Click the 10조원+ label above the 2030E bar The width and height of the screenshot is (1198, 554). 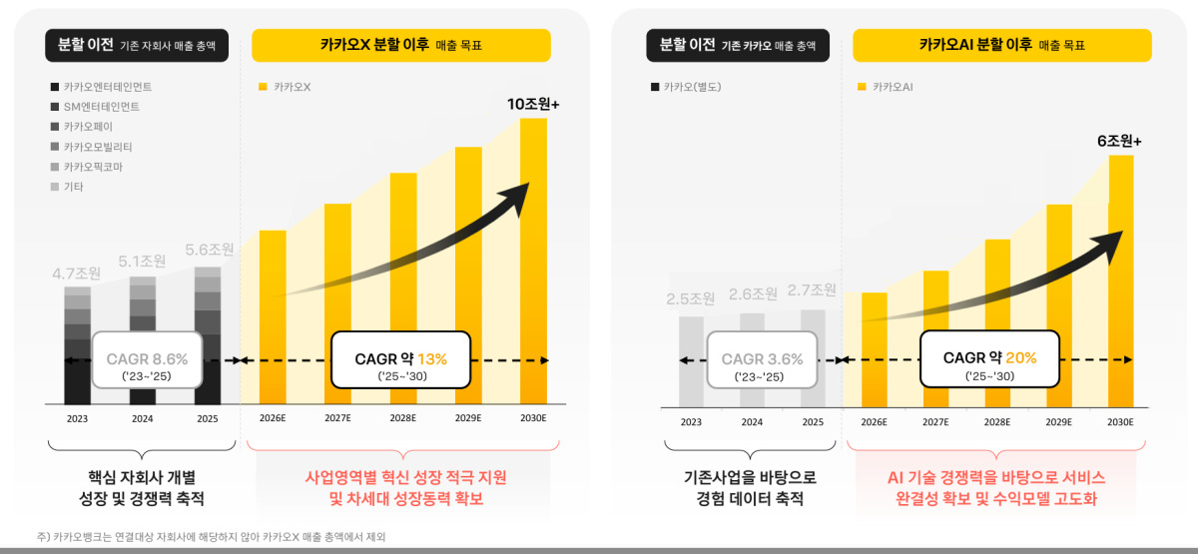point(533,104)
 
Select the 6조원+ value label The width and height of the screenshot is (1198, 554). point(1119,141)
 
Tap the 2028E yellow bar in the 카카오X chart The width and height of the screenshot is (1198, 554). point(403,288)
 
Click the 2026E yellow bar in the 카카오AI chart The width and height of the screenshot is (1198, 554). point(874,349)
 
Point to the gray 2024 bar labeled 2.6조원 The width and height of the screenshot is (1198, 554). point(752,360)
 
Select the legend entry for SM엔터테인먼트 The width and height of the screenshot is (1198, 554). point(95,107)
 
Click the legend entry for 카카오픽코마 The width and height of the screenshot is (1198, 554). point(87,167)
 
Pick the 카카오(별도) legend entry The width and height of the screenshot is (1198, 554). point(686,87)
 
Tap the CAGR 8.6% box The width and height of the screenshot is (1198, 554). point(147,360)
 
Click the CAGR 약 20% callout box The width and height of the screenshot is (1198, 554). point(990,358)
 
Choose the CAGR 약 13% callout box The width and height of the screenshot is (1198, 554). point(401,360)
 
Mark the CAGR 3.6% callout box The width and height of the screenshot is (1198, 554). point(762,360)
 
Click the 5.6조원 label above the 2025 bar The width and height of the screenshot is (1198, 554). point(209,250)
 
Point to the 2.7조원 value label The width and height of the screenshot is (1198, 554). point(812,289)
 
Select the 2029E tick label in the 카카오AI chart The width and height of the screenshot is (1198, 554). point(1059,422)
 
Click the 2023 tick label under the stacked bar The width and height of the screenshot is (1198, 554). point(77,418)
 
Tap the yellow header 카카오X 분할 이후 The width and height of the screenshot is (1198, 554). point(401,46)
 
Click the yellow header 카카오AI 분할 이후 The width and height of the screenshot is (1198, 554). point(1002,46)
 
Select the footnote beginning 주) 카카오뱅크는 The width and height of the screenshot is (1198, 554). point(212,536)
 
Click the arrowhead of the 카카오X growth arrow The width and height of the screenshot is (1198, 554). point(518,197)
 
